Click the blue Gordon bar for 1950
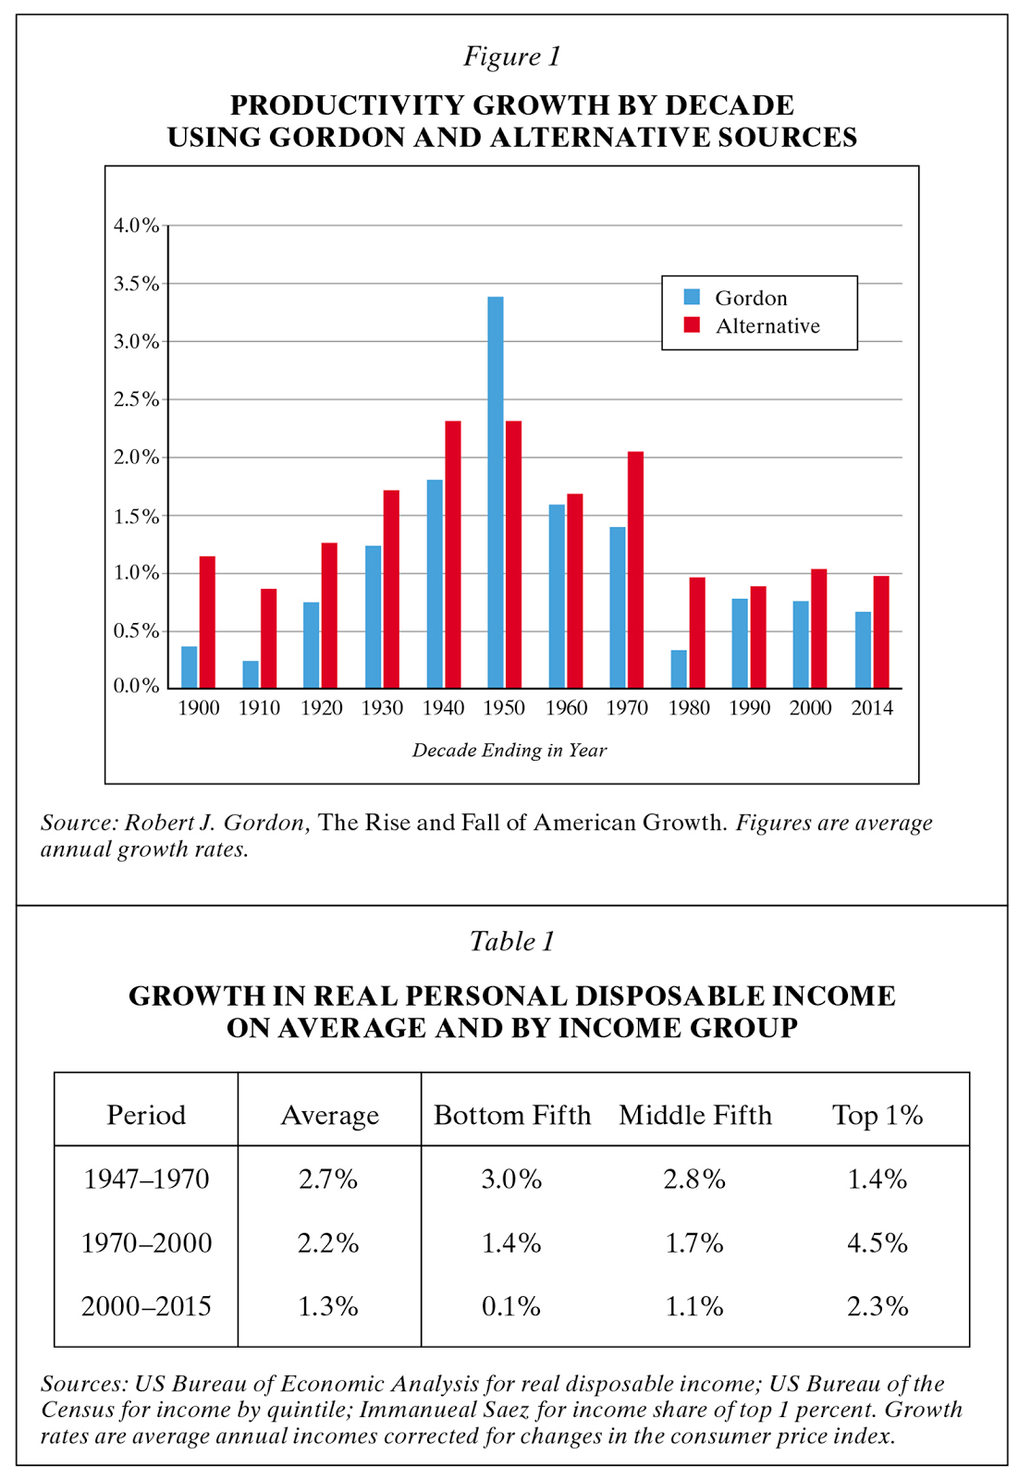click(496, 492)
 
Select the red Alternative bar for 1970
click(635, 569)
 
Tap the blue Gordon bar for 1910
click(251, 674)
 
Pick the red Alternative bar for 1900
click(207, 622)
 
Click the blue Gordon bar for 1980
click(679, 668)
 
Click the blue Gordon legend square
click(692, 298)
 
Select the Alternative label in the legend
click(767, 326)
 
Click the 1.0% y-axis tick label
click(136, 573)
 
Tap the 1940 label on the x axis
click(443, 708)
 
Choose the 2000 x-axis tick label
click(810, 708)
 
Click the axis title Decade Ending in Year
click(509, 750)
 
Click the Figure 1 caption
click(511, 56)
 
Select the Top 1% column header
click(878, 1115)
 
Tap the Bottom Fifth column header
click(512, 1115)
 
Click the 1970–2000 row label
click(146, 1242)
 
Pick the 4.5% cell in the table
click(878, 1242)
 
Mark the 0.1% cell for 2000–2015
click(511, 1306)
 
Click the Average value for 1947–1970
click(328, 1180)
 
